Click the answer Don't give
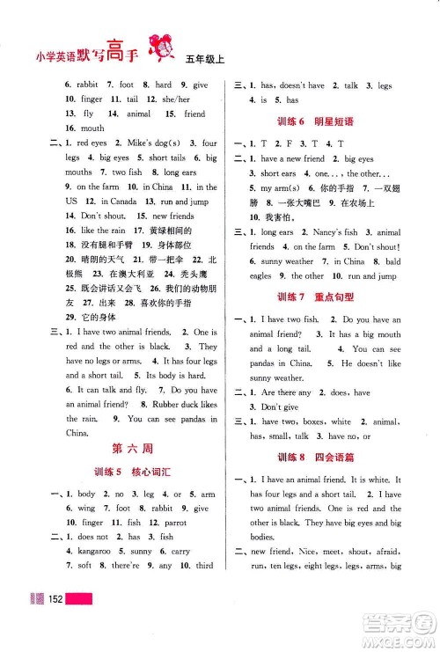pyautogui.click(x=279, y=407)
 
